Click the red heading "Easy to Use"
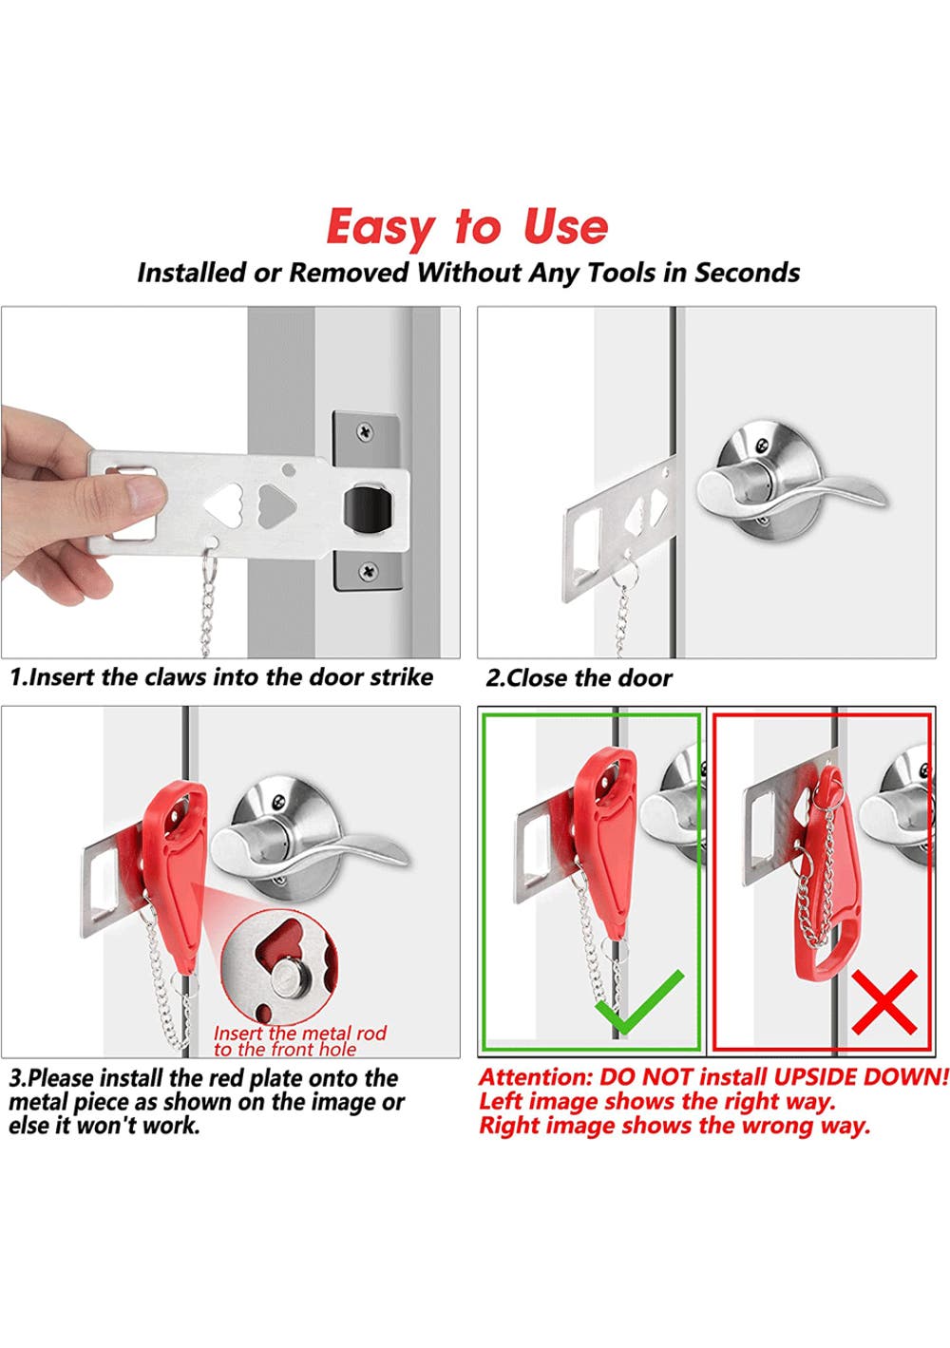[466, 227]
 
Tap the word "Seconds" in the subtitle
[748, 273]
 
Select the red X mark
[884, 1001]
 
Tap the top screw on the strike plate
[365, 431]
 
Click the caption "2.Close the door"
[579, 678]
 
